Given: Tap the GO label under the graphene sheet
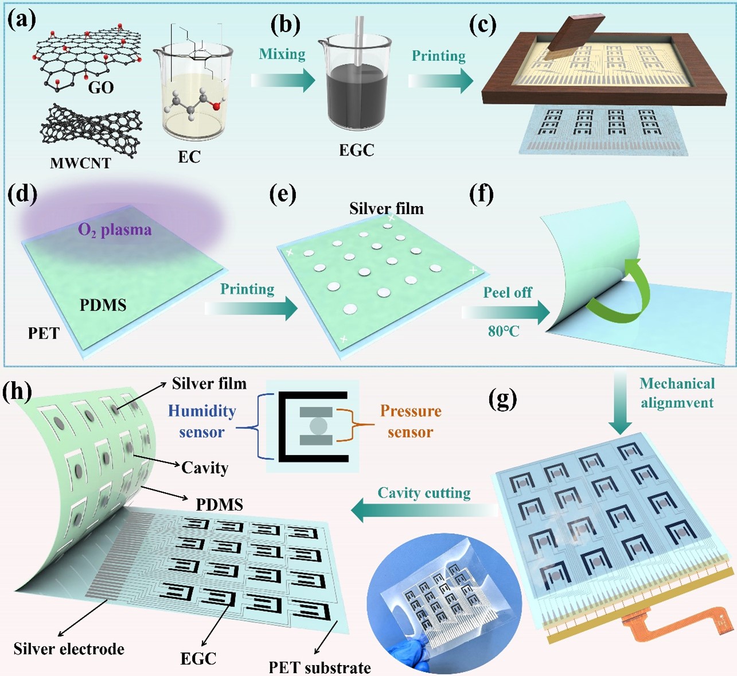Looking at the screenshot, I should click(x=101, y=87).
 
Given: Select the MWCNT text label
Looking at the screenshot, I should click(x=80, y=163).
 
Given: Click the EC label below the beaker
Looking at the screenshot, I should click(x=189, y=157).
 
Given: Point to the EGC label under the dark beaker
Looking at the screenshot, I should click(x=356, y=150).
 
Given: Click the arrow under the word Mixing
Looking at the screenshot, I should click(x=283, y=80).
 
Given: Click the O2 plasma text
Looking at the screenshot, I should click(x=115, y=230).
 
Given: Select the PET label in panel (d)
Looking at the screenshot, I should click(x=44, y=333).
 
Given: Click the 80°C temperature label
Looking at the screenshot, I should click(x=504, y=331).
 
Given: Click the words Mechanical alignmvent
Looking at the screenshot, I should click(x=677, y=393).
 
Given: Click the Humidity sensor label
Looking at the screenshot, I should click(x=201, y=421).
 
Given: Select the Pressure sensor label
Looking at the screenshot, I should click(x=411, y=421).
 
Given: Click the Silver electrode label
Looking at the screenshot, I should click(x=69, y=649).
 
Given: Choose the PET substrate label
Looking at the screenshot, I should click(x=319, y=667).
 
